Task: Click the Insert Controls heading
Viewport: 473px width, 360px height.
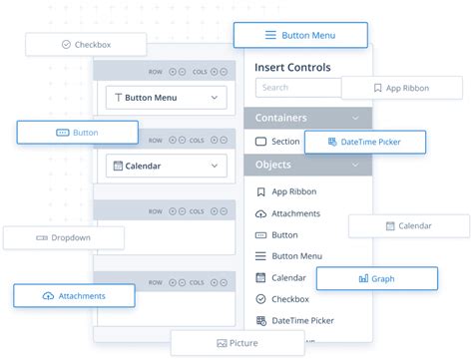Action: (292, 67)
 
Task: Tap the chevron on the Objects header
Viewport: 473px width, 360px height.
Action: (356, 165)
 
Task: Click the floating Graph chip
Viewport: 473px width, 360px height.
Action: (376, 278)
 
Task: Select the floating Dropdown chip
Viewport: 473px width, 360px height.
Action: (64, 238)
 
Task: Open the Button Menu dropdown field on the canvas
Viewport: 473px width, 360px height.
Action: (166, 98)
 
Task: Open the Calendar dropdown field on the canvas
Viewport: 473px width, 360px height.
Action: (166, 166)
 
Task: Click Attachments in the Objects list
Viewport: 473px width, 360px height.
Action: (295, 213)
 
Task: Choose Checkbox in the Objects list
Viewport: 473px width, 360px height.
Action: (289, 298)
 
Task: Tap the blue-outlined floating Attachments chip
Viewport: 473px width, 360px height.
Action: (74, 296)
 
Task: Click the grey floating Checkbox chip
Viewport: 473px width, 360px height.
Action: (86, 45)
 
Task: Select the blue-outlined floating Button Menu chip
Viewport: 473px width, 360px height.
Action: (299, 35)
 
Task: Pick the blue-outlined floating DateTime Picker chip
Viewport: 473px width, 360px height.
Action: (364, 143)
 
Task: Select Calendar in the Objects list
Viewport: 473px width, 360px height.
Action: (288, 277)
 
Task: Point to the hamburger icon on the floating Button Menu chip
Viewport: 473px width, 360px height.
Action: (270, 35)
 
